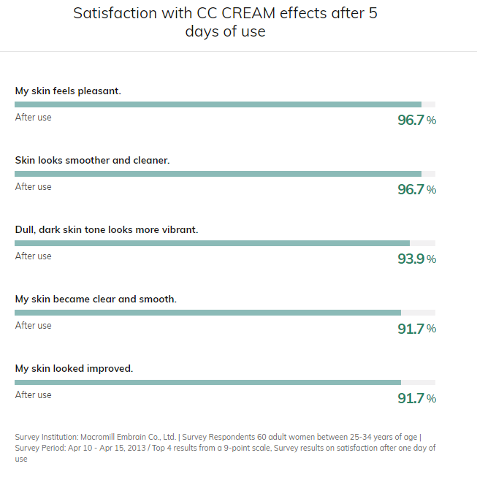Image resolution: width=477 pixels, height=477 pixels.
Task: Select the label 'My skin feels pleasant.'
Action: (x=68, y=91)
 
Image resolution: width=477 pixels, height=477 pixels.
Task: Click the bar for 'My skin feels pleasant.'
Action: (x=218, y=104)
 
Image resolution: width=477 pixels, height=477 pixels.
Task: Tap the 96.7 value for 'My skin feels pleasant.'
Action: (x=411, y=120)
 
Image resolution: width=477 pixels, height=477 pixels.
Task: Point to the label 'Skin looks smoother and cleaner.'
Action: (x=92, y=160)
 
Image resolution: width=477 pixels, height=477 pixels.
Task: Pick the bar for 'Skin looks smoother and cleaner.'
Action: (x=218, y=174)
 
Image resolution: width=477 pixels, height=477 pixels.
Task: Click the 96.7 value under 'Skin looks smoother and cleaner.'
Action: (x=411, y=189)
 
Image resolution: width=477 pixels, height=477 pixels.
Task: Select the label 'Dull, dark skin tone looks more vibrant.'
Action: (x=107, y=229)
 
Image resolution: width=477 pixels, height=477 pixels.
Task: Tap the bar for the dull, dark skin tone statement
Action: (x=212, y=243)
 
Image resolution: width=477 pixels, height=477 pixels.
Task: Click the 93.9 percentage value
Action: (x=411, y=259)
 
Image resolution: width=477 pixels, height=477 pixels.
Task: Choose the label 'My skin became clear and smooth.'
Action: (x=96, y=299)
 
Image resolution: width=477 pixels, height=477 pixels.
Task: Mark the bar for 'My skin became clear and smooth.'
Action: (x=207, y=313)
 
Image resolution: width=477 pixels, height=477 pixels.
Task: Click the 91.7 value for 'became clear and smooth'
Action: (x=411, y=329)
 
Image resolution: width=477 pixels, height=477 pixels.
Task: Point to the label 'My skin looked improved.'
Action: (x=74, y=368)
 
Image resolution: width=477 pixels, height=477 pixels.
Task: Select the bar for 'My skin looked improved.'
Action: (x=207, y=382)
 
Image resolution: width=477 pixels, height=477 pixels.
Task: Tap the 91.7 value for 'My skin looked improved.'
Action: (x=411, y=398)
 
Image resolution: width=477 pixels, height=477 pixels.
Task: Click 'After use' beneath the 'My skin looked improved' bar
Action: (x=34, y=395)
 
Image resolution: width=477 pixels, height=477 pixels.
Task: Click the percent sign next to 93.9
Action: (x=432, y=259)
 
